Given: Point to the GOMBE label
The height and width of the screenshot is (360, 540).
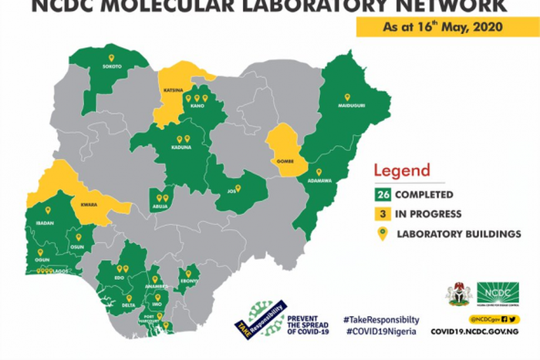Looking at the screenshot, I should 283,161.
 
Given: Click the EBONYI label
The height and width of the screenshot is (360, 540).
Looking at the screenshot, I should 188,281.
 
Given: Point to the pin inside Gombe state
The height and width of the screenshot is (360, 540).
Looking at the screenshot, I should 283,151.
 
